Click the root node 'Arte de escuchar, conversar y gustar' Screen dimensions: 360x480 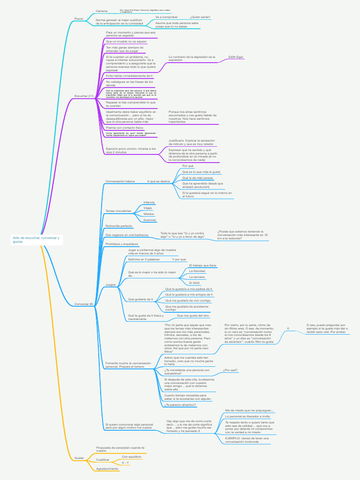coord(36,240)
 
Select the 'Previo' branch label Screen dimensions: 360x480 coord(79,19)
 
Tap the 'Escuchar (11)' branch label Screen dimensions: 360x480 coord(84,96)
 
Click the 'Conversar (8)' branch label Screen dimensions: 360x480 coord(84,304)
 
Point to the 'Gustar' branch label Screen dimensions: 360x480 coord(79,457)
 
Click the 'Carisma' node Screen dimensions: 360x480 coord(102,11)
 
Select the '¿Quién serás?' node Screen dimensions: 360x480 coord(201,17)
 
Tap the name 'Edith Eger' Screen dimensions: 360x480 coord(236,57)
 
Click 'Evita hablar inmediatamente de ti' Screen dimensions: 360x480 coord(129,75)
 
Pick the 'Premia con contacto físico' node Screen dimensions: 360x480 coord(124,127)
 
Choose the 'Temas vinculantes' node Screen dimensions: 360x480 coord(118,211)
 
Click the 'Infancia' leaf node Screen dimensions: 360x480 coord(149,202)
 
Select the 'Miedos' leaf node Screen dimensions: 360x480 coord(149,214)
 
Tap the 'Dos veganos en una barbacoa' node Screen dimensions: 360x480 coord(127,235)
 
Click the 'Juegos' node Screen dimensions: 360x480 coord(111,285)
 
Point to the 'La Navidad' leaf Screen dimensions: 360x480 coord(197,271)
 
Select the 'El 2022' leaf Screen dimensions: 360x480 coord(194,283)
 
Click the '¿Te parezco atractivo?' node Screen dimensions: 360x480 coord(180,405)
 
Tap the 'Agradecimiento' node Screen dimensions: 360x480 coord(107,469)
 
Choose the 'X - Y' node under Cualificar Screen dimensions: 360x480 coord(125,463)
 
